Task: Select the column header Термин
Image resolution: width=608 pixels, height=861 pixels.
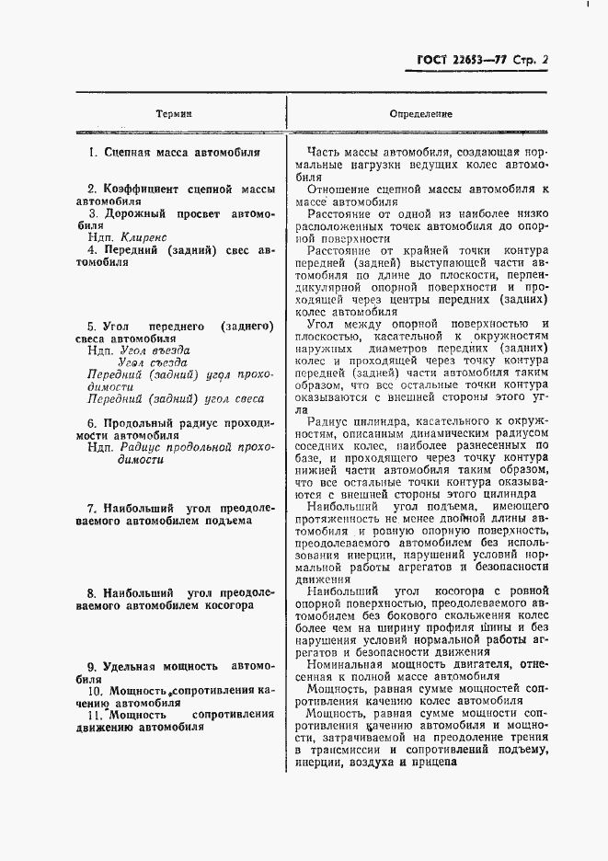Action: [x=174, y=114]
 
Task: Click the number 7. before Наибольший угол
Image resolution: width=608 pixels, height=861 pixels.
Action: [x=92, y=507]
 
